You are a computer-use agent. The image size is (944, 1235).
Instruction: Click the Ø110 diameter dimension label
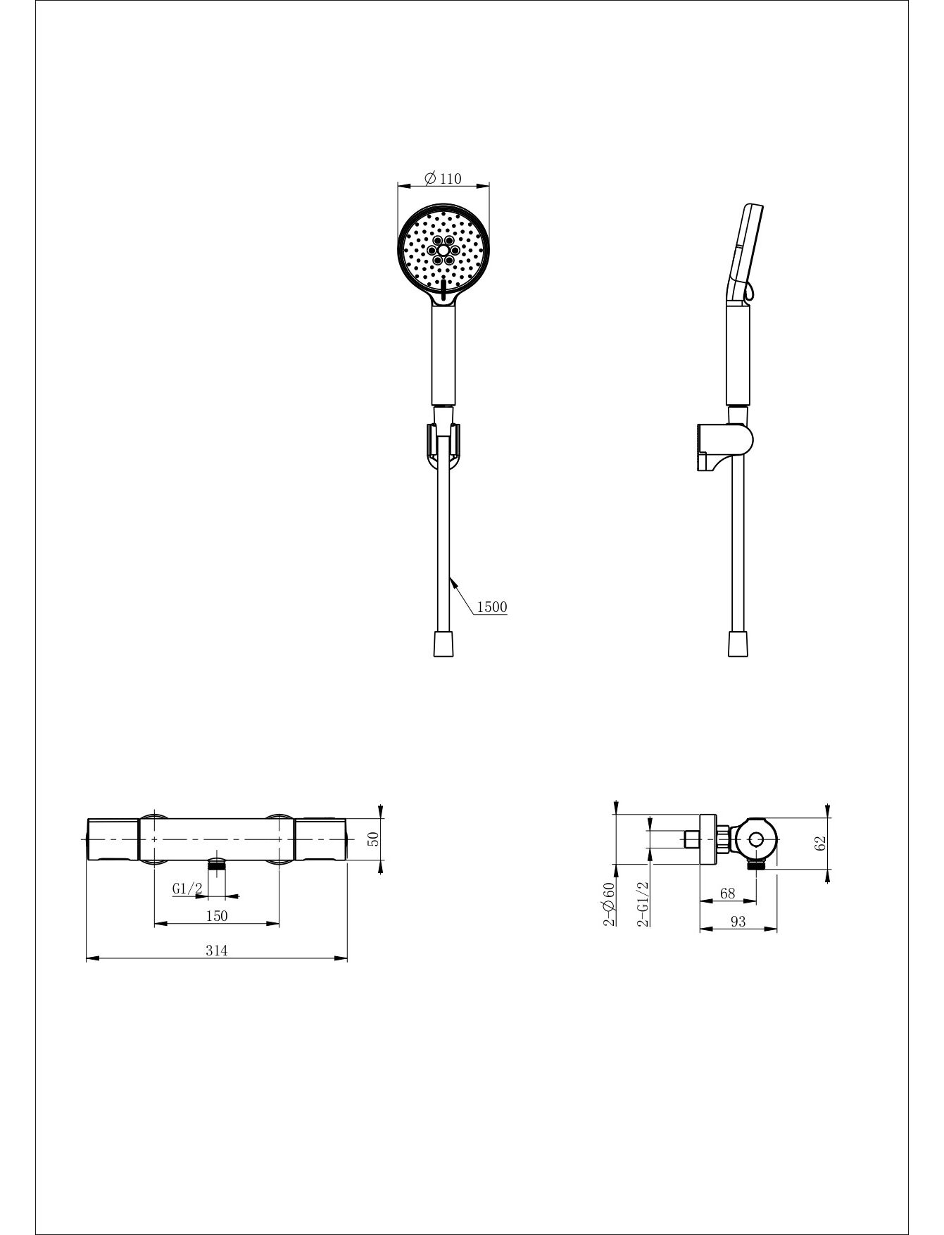coord(443,178)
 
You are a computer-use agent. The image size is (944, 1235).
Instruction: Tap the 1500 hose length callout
coord(492,606)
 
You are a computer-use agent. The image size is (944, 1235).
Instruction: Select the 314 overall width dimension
coord(217,950)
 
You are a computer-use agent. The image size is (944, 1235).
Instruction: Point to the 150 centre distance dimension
coord(217,915)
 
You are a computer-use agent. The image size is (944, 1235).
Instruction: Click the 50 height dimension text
coord(374,839)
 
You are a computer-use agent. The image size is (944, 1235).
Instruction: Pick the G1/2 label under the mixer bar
coord(187,889)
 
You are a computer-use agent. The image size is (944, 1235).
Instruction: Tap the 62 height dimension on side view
coord(819,843)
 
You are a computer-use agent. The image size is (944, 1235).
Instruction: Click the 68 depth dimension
coord(728,893)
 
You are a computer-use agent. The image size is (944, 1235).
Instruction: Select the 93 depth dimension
coord(738,921)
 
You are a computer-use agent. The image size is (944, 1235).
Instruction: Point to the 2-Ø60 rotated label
coord(609,903)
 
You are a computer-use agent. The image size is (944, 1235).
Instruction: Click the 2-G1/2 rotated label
coord(643,903)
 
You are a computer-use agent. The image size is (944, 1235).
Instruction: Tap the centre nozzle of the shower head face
coord(443,250)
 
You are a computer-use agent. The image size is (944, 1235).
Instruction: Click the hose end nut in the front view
coord(443,644)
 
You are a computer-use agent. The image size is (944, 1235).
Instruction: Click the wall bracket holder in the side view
coord(724,446)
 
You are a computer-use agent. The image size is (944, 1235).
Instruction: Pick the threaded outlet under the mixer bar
coord(218,864)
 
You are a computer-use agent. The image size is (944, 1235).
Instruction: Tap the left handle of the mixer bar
coord(113,839)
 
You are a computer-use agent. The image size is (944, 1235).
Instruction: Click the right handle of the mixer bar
coord(321,839)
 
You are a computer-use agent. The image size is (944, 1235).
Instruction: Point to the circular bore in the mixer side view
coord(756,839)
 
